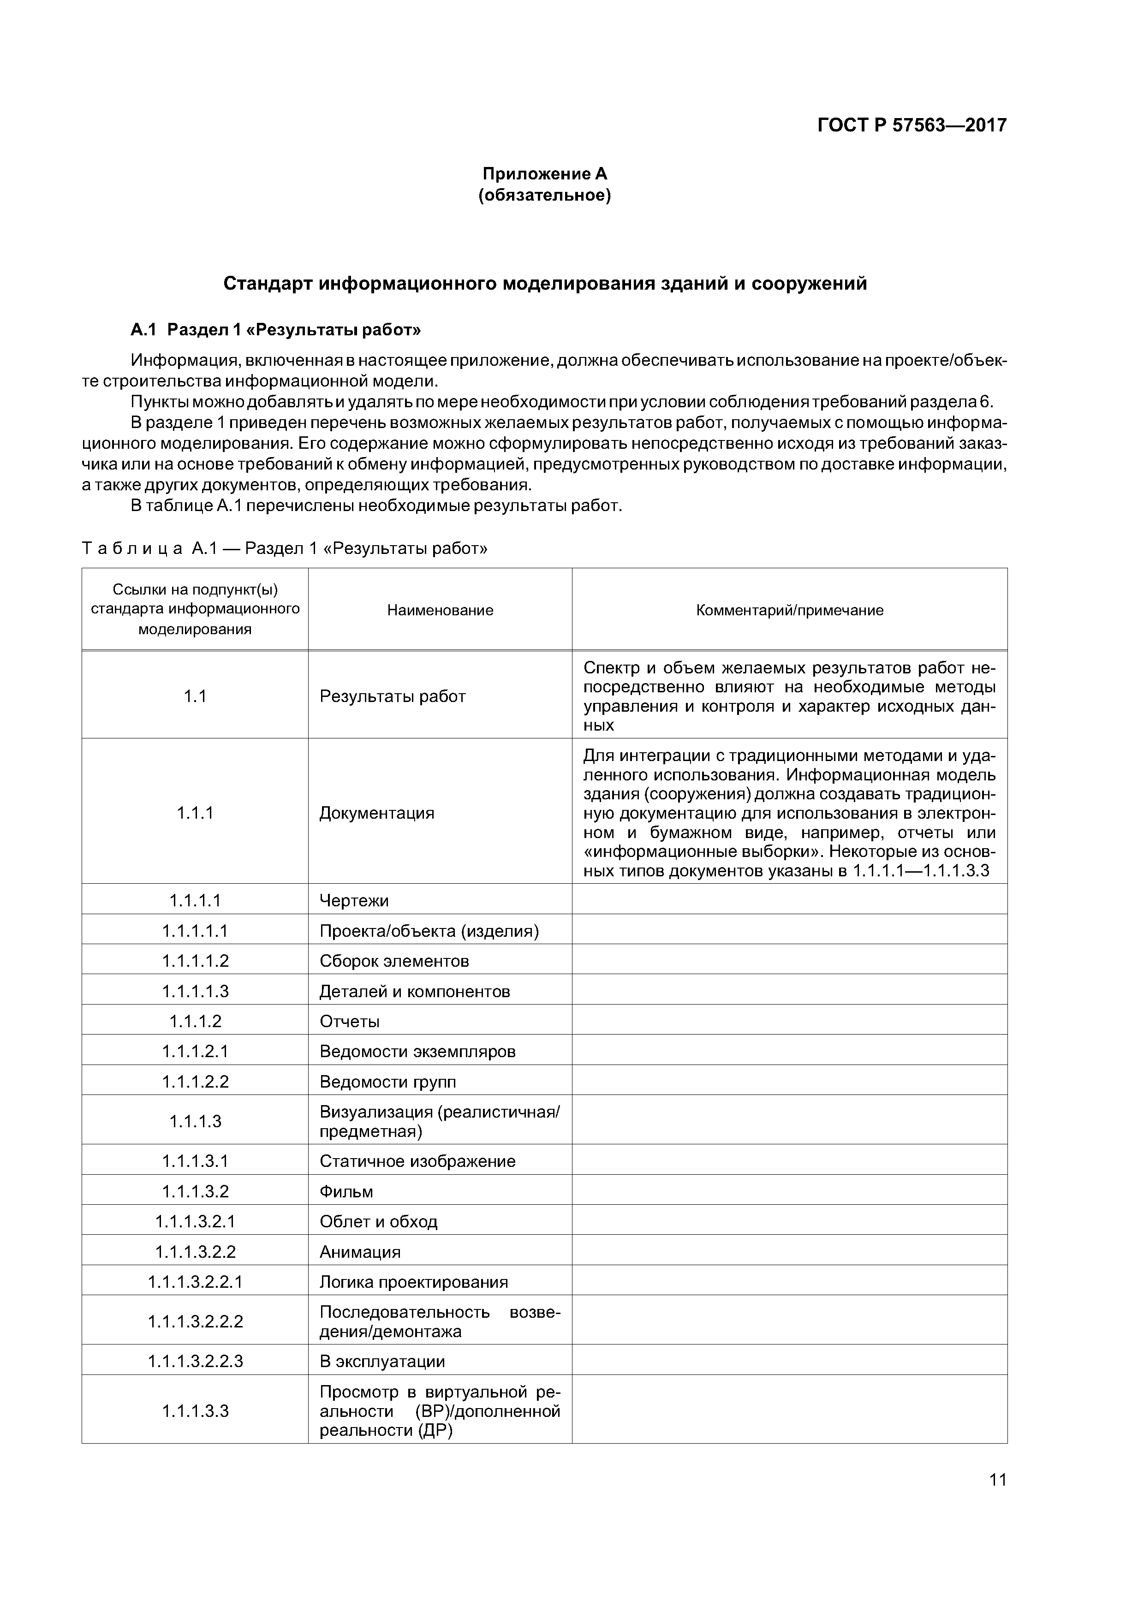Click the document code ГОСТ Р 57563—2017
[x=912, y=125]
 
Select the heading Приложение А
[x=544, y=173]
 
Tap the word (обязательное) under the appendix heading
[x=544, y=195]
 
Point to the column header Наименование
[x=440, y=610]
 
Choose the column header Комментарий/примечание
[x=789, y=610]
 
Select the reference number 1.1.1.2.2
[x=195, y=1081]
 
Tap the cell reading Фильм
[x=346, y=1192]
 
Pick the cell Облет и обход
[x=379, y=1221]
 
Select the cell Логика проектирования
[x=414, y=1282]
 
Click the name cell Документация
[x=376, y=813]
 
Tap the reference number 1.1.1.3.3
[x=195, y=1411]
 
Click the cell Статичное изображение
[x=417, y=1161]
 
